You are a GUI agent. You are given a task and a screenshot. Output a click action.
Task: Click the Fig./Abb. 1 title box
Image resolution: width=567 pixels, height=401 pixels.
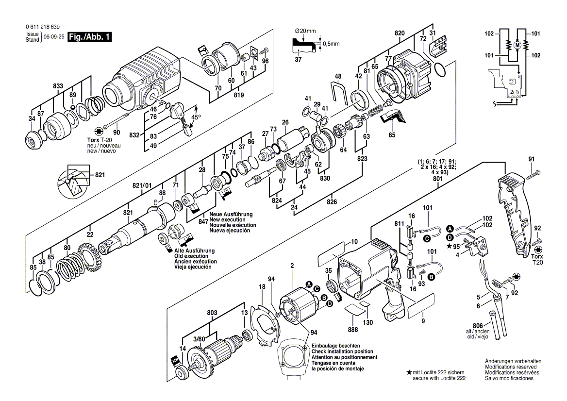coord(90,37)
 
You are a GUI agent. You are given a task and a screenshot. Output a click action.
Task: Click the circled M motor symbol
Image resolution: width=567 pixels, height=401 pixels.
coord(517,45)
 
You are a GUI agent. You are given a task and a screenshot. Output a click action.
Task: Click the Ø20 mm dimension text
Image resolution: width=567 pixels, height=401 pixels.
coord(305,31)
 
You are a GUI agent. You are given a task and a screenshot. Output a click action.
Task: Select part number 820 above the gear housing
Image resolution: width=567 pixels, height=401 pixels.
coord(400,33)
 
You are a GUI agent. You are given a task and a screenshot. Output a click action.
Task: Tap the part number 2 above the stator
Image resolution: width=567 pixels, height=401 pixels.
coord(292,265)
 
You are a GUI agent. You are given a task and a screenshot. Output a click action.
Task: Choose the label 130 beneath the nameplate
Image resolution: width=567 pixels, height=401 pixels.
coord(368,323)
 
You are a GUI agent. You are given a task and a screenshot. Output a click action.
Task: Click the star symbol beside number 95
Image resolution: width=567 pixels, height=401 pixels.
coord(449,246)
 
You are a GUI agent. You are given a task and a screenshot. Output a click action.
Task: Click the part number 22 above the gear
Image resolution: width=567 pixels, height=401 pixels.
coord(90,235)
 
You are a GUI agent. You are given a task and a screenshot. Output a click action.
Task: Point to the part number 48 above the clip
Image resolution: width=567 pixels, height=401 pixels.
coord(338,76)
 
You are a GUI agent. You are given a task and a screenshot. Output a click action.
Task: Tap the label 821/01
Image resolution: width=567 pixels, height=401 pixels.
coord(142,185)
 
